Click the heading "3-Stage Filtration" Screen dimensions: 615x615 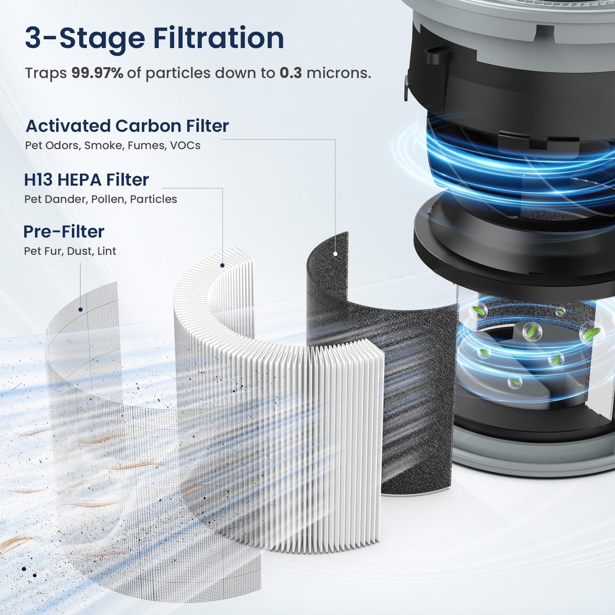pyautogui.click(x=155, y=38)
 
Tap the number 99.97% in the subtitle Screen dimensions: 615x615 pyautogui.click(x=97, y=73)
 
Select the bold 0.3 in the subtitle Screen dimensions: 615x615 pyautogui.click(x=291, y=73)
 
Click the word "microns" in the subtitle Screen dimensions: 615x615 pyautogui.click(x=339, y=73)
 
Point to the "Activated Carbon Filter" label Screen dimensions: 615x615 pyautogui.click(x=127, y=126)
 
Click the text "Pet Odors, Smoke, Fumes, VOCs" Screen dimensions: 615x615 pyautogui.click(x=113, y=145)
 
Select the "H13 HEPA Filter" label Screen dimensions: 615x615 pyautogui.click(x=86, y=180)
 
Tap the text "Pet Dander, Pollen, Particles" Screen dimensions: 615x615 pyautogui.click(x=101, y=199)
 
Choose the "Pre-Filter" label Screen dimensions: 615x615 pyautogui.click(x=64, y=231)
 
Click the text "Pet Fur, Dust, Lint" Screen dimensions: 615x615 pyautogui.click(x=70, y=251)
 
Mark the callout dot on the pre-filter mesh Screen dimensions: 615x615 pyautogui.click(x=80, y=309)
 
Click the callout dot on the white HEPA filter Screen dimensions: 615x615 pyautogui.click(x=222, y=265)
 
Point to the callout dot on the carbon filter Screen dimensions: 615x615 pyautogui.click(x=335, y=254)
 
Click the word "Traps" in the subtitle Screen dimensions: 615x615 pyautogui.click(x=46, y=73)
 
